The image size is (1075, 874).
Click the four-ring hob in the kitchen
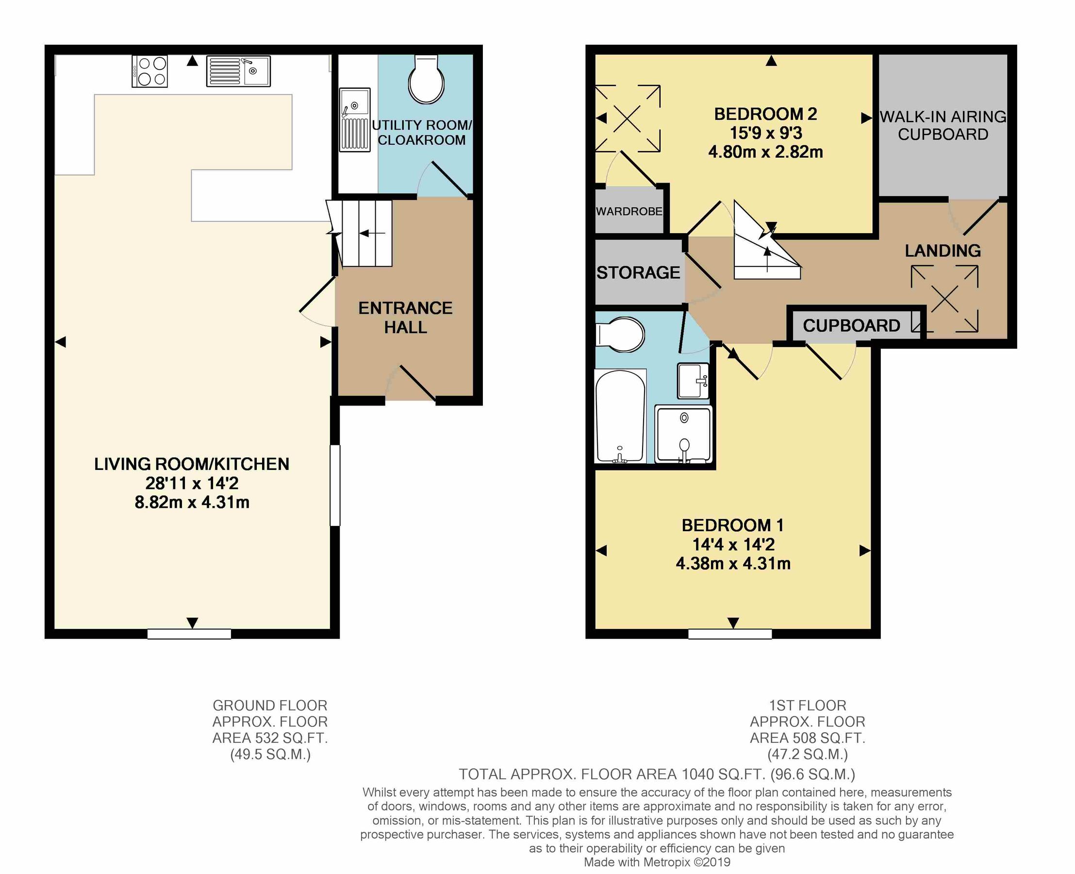click(149, 71)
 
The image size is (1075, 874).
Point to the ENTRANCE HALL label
click(405, 317)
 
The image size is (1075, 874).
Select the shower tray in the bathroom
click(683, 434)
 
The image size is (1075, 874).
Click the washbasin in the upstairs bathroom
click(693, 381)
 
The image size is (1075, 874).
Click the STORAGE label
click(638, 272)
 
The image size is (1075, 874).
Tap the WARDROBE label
click(629, 211)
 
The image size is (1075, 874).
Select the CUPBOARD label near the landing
click(851, 326)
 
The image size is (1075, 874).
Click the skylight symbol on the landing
click(944, 299)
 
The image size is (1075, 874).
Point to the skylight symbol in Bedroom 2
click(627, 118)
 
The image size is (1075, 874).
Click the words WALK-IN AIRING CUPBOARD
click(943, 125)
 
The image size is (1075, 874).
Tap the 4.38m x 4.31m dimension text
click(733, 563)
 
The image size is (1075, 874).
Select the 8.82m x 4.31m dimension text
click(192, 502)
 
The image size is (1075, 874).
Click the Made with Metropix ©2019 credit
click(657, 862)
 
